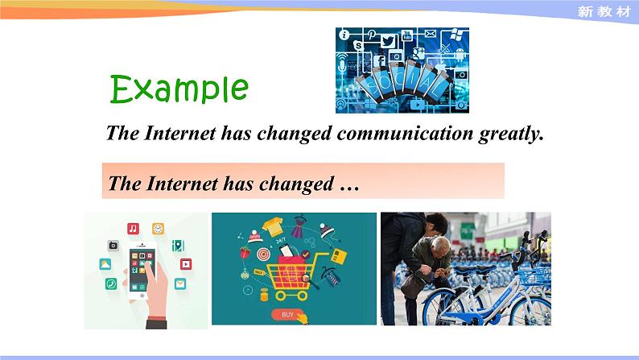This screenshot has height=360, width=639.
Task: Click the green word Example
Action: [179, 89]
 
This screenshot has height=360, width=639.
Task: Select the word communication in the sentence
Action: [405, 133]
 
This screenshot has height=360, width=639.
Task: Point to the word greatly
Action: [512, 134]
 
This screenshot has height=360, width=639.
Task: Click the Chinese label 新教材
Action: [604, 11]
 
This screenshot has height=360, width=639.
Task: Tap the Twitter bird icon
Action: [388, 41]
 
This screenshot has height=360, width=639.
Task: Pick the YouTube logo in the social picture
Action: [407, 35]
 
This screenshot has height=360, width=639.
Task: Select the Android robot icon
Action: [460, 54]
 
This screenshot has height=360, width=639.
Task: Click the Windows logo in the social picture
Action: [456, 35]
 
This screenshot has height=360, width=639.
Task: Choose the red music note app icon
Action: [134, 228]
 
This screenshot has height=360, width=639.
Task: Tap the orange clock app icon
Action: [158, 229]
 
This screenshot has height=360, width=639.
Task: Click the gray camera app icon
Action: [113, 246]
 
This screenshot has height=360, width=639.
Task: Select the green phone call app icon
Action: [111, 283]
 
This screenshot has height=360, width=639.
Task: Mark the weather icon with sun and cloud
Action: [105, 264]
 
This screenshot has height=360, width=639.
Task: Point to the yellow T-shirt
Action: [273, 226]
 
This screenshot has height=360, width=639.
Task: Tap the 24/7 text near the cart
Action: [281, 241]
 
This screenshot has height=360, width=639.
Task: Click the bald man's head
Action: [439, 245]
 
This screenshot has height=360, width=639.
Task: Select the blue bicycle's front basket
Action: [534, 277]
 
